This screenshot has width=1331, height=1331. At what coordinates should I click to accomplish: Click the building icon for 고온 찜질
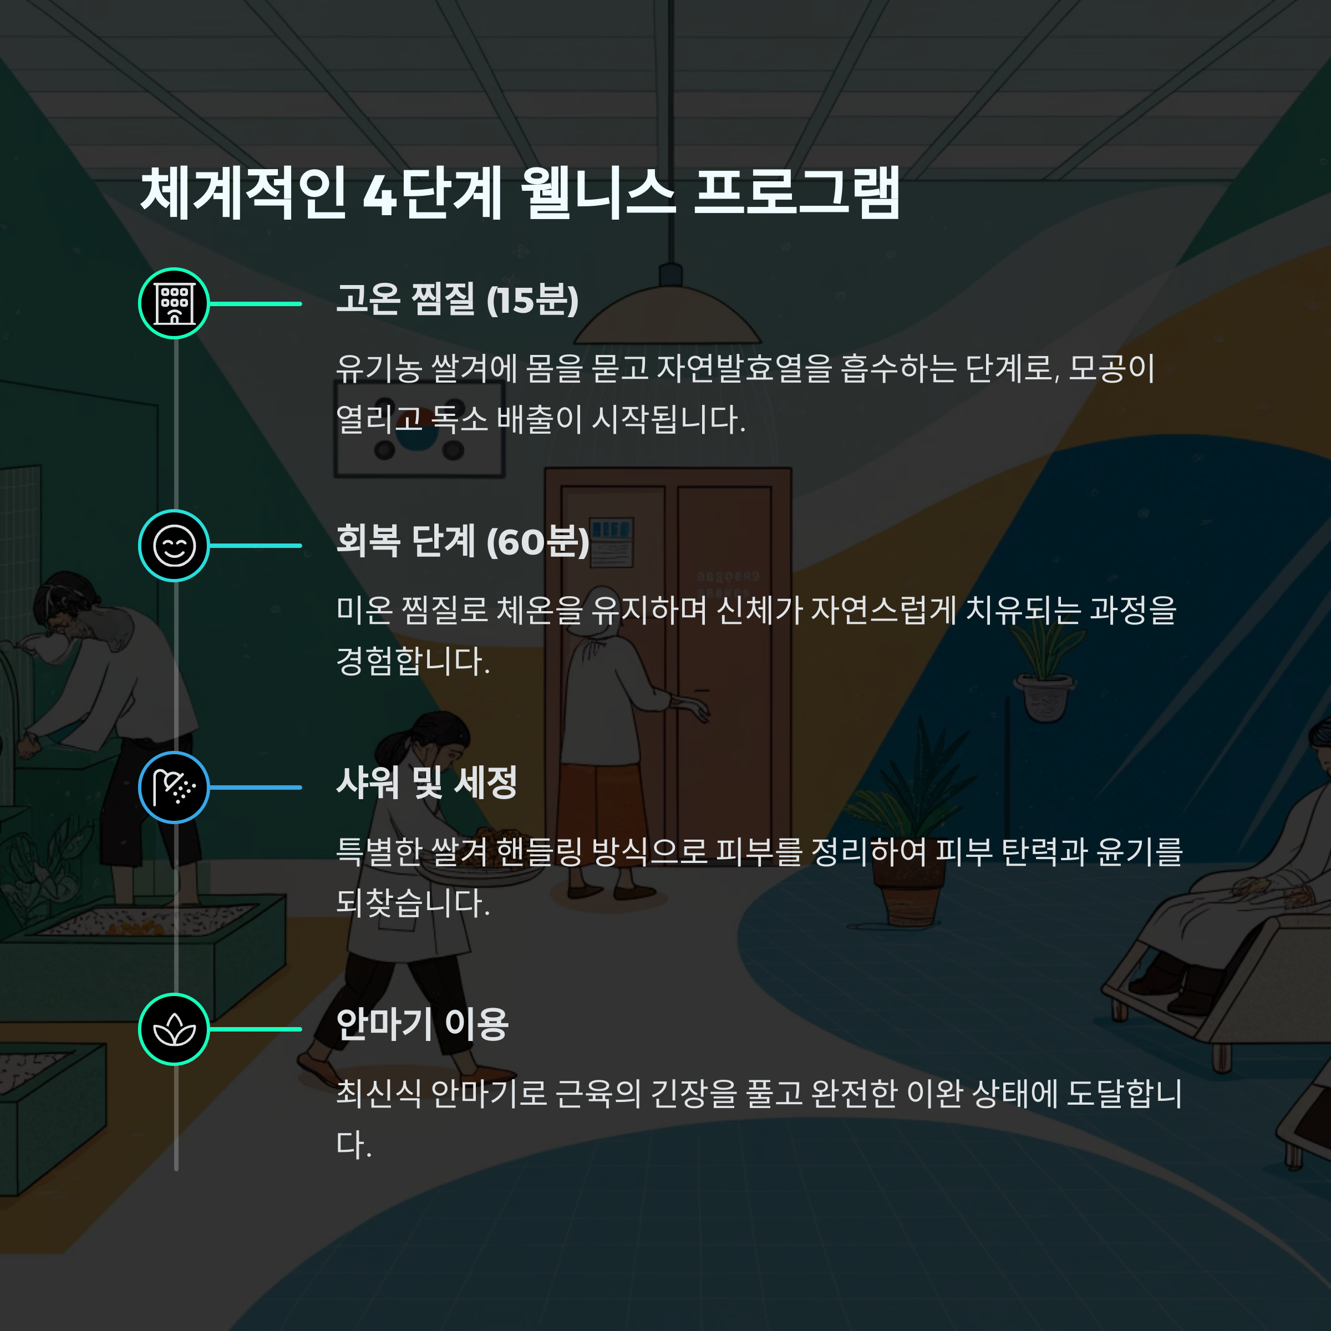174,303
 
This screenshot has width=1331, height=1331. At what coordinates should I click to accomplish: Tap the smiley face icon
174,546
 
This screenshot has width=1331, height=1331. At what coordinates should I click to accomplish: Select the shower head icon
174,788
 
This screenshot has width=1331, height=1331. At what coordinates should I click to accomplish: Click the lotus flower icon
174,1029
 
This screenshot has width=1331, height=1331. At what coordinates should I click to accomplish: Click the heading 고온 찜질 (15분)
458,299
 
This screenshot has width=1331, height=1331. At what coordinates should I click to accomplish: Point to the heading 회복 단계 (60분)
463,541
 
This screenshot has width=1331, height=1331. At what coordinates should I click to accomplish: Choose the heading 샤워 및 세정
426,783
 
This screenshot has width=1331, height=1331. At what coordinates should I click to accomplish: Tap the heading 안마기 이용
422,1025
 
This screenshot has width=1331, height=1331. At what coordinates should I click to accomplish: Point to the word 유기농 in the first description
378,369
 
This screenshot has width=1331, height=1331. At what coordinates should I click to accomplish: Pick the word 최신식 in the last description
378,1093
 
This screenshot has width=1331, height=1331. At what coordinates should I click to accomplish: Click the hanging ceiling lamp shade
668,321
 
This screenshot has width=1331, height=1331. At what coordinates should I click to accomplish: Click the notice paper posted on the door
612,543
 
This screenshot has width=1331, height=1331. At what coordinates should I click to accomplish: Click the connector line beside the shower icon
256,788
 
